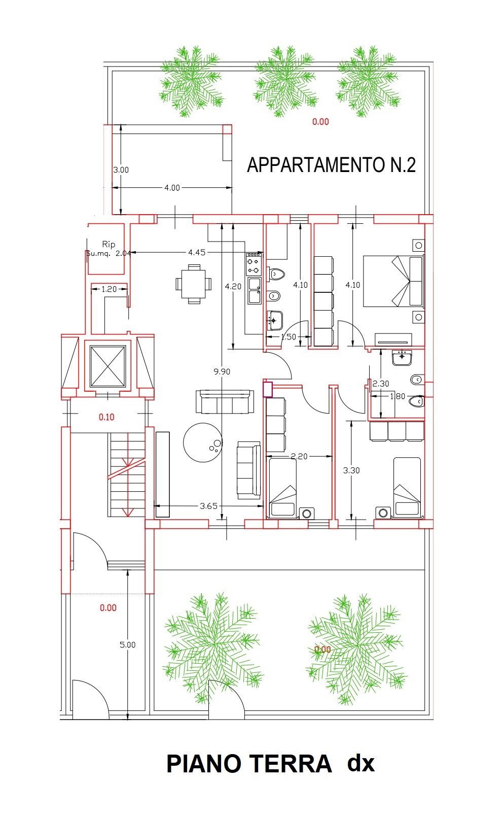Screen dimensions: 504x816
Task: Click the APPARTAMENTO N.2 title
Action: click(331, 165)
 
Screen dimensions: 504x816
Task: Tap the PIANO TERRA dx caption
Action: click(270, 764)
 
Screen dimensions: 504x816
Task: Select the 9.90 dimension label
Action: click(222, 371)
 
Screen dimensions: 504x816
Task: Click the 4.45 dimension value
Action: click(197, 252)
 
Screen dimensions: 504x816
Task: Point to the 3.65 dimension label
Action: click(208, 506)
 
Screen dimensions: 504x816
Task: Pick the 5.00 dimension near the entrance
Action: click(128, 645)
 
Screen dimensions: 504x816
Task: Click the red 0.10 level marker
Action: click(106, 417)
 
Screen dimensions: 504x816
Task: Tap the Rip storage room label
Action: click(109, 244)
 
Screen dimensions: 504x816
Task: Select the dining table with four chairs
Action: click(194, 284)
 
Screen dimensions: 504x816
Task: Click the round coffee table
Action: click(203, 442)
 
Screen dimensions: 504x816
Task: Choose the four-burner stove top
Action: click(254, 264)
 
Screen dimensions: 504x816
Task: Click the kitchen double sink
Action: click(255, 291)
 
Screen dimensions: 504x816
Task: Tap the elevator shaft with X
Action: click(107, 366)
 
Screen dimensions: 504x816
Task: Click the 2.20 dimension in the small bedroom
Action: click(299, 456)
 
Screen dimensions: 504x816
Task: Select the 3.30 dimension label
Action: click(351, 470)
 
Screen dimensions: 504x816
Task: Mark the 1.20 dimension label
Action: click(109, 289)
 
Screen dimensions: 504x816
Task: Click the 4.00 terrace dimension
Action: click(172, 188)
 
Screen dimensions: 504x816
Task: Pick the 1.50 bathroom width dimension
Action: click(288, 337)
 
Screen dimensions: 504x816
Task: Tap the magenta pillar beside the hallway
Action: click(268, 389)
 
